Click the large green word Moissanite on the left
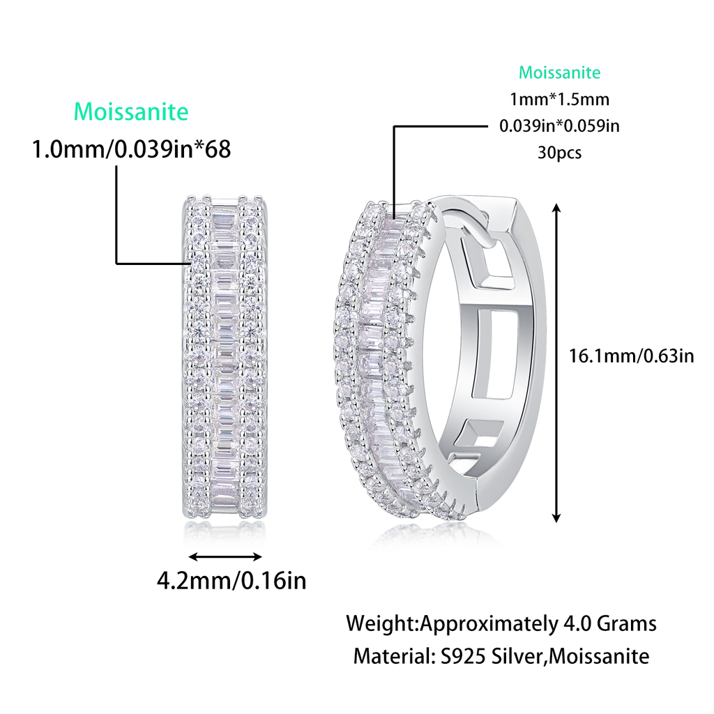pyautogui.click(x=131, y=112)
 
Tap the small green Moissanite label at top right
pyautogui.click(x=559, y=73)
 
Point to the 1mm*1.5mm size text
pyautogui.click(x=559, y=100)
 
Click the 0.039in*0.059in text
pyautogui.click(x=559, y=126)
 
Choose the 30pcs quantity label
pyautogui.click(x=559, y=153)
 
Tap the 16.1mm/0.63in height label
pyautogui.click(x=632, y=356)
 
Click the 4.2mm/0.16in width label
pyautogui.click(x=231, y=580)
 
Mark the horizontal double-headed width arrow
pyautogui.click(x=226, y=556)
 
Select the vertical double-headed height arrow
pyautogui.click(x=556, y=363)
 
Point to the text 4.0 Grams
pyautogui.click(x=609, y=623)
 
